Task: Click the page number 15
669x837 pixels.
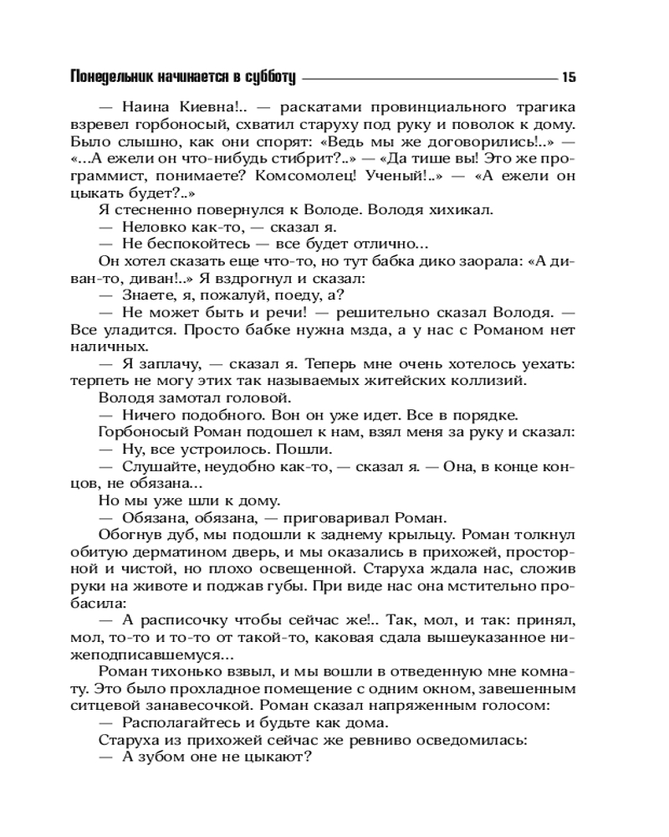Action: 569,78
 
